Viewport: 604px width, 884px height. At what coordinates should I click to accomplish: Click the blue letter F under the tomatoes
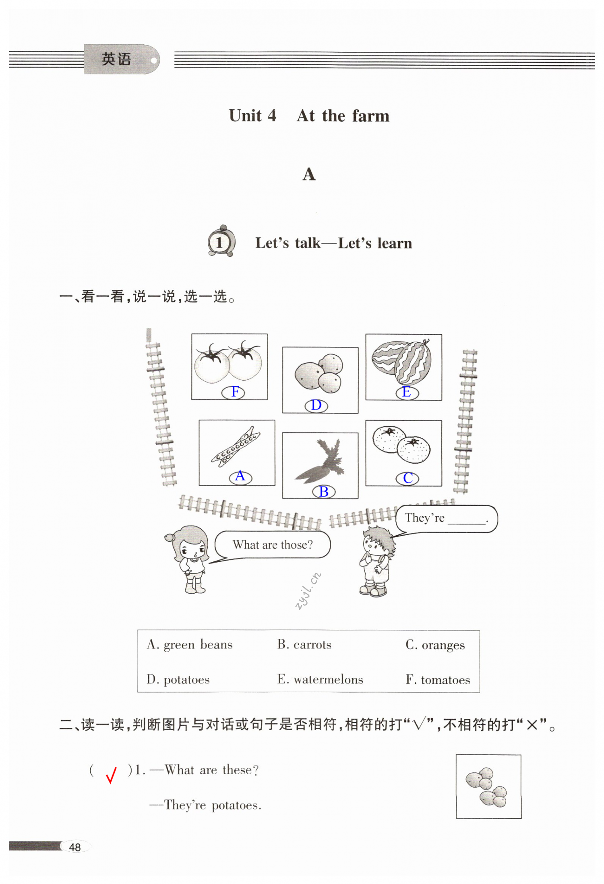(235, 392)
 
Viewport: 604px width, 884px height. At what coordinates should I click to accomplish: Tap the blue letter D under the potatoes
(316, 405)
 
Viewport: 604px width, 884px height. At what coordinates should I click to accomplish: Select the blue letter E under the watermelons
(407, 392)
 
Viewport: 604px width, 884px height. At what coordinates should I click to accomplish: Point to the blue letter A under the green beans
(240, 476)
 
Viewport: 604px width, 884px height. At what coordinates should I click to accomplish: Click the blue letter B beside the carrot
(324, 492)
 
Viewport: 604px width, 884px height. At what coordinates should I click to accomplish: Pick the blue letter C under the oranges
(408, 478)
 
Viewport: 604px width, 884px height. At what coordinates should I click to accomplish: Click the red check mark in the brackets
(111, 774)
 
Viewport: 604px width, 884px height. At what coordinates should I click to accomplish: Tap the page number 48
(75, 847)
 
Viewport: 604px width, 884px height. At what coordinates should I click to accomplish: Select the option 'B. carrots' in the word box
(304, 645)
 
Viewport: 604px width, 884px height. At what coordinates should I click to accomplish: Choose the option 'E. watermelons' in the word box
(320, 679)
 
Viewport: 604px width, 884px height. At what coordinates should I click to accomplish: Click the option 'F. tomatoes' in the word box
(438, 680)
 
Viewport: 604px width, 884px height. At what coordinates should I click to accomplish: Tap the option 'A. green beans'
(190, 645)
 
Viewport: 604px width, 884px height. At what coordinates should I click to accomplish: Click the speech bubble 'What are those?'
(273, 545)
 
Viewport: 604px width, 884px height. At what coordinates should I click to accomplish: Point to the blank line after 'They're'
(466, 520)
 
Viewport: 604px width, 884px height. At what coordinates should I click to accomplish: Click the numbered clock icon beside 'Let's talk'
(221, 241)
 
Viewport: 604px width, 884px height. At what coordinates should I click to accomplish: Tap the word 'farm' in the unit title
(371, 116)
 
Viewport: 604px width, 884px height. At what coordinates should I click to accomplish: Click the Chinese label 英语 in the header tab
(116, 59)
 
